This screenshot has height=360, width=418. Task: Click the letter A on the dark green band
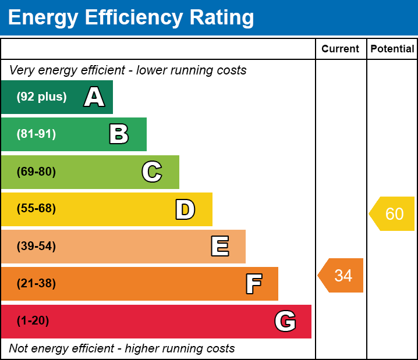coord(94,97)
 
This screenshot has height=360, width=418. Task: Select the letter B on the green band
coord(119,134)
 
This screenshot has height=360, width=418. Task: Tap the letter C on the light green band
coord(152,172)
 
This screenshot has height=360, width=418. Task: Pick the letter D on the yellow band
coord(185,209)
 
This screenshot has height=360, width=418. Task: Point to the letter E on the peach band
coord(219,247)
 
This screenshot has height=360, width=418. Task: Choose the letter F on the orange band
coord(253,284)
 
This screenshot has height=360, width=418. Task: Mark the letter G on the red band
coord(285,321)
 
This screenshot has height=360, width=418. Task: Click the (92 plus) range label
coord(41,97)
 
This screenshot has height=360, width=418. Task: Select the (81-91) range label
coord(36,134)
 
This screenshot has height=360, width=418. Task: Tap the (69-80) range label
coord(36,172)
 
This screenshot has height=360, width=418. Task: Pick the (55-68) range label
coord(36,209)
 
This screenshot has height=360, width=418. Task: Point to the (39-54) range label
coord(36,247)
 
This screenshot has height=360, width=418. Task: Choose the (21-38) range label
coord(36,284)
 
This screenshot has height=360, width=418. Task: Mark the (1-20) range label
coord(33,321)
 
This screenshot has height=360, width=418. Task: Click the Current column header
coord(341,49)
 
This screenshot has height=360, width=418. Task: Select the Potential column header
coord(392,49)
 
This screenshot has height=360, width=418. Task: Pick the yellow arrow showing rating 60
coord(392,214)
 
